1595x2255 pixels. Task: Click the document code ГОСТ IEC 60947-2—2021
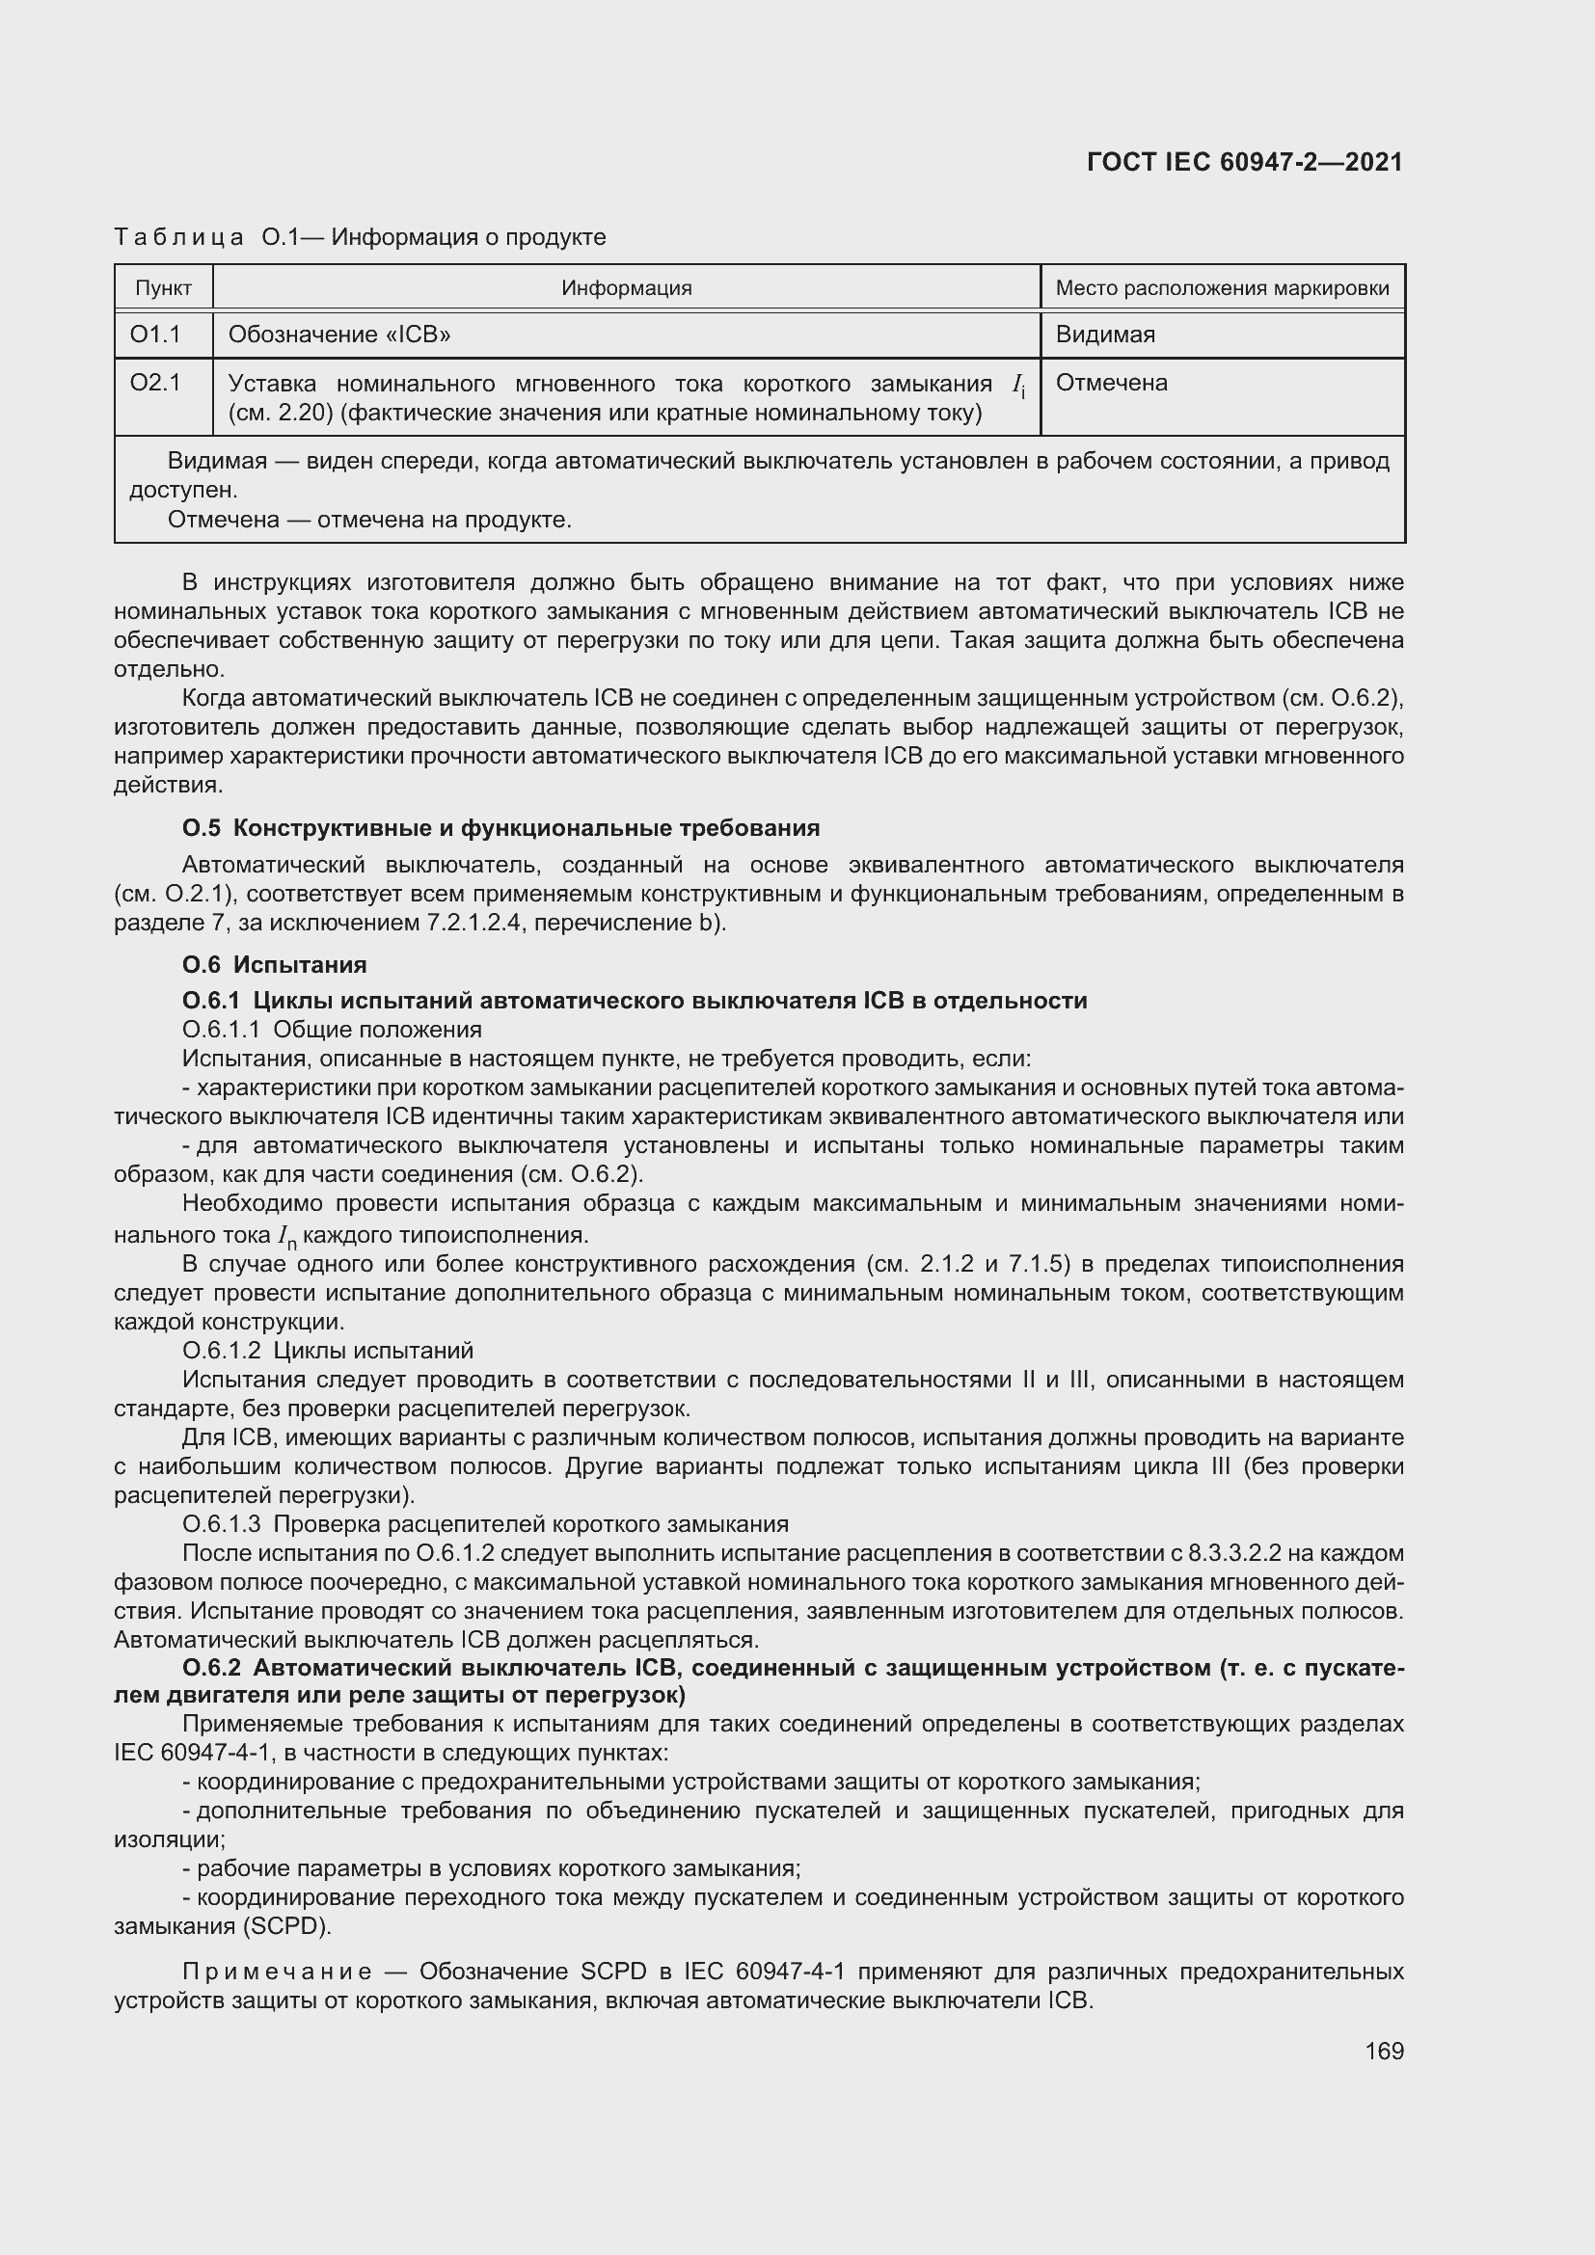[x=1244, y=162]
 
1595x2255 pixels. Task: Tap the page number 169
[x=1384, y=2051]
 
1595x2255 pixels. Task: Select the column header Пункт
[x=163, y=287]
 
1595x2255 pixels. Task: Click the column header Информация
[x=627, y=287]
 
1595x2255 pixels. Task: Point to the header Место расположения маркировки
[x=1222, y=287]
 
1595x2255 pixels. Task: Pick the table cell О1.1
[x=155, y=335]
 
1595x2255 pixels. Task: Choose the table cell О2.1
[x=155, y=382]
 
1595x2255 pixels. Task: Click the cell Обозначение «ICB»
[x=339, y=335]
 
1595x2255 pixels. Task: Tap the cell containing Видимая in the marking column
[x=1105, y=335]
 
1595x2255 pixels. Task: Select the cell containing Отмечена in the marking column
[x=1111, y=382]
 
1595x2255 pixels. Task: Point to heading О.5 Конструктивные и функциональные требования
[x=500, y=828]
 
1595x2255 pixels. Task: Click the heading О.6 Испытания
[x=274, y=964]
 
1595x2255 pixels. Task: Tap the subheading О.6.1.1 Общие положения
[x=332, y=1030]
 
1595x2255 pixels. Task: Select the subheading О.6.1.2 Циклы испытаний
[x=328, y=1351]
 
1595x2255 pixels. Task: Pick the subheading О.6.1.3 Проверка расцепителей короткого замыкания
[x=485, y=1524]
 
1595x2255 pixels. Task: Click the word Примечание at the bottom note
[x=277, y=1973]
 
